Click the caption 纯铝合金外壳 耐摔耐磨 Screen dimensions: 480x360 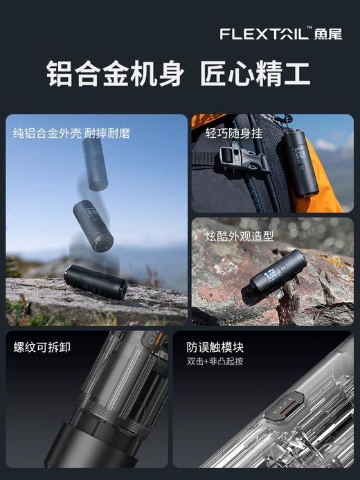click(x=71, y=133)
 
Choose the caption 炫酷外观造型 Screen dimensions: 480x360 click(x=240, y=236)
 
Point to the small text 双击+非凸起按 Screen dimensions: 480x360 click(x=215, y=362)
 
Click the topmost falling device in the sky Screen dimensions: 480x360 click(x=95, y=165)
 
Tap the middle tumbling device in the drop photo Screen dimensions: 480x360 click(x=93, y=225)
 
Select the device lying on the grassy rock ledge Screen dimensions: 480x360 click(x=96, y=282)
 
